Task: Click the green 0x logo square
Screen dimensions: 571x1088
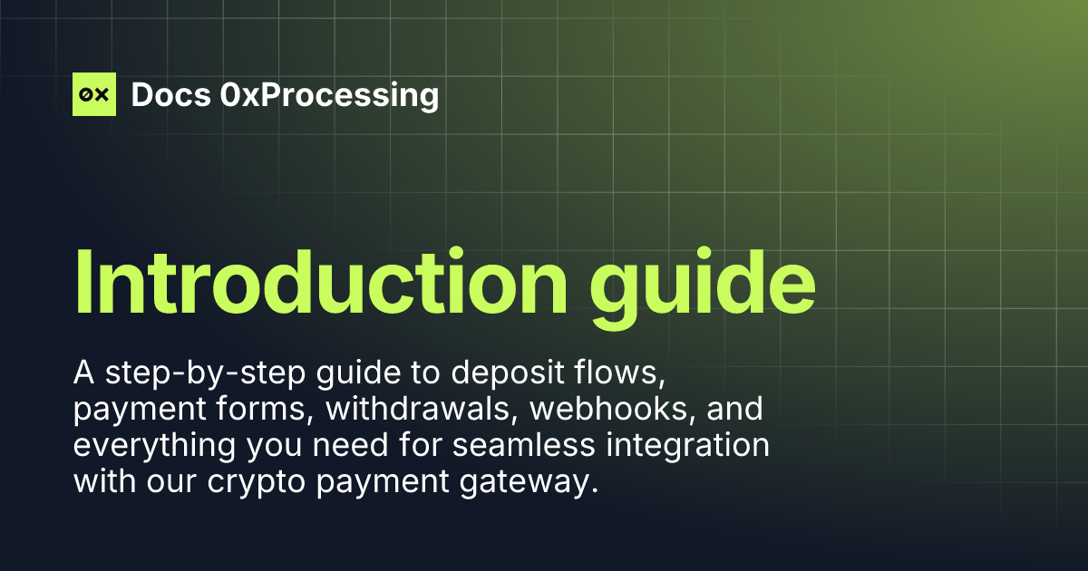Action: click(94, 94)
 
